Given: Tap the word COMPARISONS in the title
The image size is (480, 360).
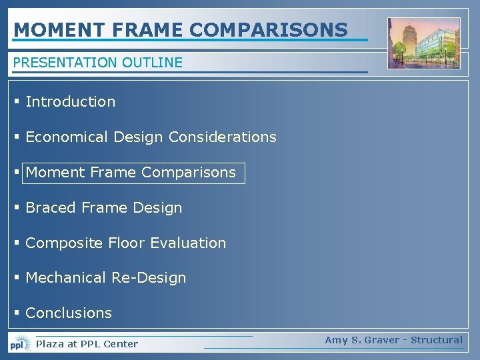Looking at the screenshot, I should click(269, 30).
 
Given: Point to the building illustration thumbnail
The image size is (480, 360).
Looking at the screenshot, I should click(424, 43).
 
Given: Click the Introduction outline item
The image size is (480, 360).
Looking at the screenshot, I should click(70, 101).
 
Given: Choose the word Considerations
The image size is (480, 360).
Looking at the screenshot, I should click(222, 137).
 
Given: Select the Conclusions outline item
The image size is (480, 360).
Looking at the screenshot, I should click(69, 313).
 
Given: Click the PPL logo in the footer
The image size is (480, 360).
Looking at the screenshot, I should click(20, 343).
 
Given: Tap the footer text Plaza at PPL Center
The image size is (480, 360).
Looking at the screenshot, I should click(87, 344).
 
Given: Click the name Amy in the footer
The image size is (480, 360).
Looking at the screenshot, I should click(336, 340).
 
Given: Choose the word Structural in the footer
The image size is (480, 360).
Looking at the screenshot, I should click(436, 340).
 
